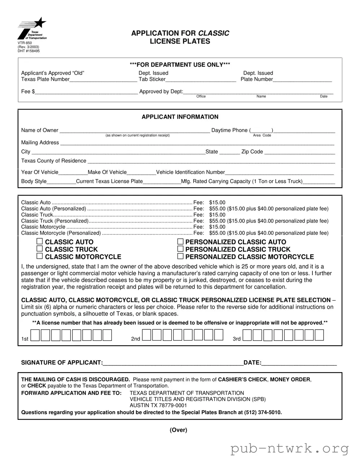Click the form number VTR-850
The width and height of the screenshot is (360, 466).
(25, 43)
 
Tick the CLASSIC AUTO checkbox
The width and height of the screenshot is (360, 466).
(40, 241)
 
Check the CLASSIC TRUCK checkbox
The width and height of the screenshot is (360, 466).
(40, 249)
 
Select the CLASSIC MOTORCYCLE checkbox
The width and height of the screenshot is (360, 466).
(40, 256)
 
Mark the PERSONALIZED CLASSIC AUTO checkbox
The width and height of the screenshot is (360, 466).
(180, 241)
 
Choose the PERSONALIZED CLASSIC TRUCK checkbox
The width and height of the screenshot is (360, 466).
(180, 249)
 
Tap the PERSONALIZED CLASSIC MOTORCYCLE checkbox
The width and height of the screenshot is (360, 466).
(180, 256)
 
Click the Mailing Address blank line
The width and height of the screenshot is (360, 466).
(197, 143)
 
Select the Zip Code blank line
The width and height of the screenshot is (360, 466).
(299, 152)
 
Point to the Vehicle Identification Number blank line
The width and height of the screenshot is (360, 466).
(280, 173)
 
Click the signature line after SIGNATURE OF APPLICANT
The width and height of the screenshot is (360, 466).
(173, 363)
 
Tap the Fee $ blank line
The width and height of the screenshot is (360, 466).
(86, 92)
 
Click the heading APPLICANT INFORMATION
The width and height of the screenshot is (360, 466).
(180, 117)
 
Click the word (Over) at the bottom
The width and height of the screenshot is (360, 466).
(178, 430)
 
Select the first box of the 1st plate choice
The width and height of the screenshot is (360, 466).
(35, 336)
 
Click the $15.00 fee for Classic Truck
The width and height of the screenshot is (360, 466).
(217, 215)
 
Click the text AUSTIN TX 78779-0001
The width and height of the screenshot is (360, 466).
(158, 405)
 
